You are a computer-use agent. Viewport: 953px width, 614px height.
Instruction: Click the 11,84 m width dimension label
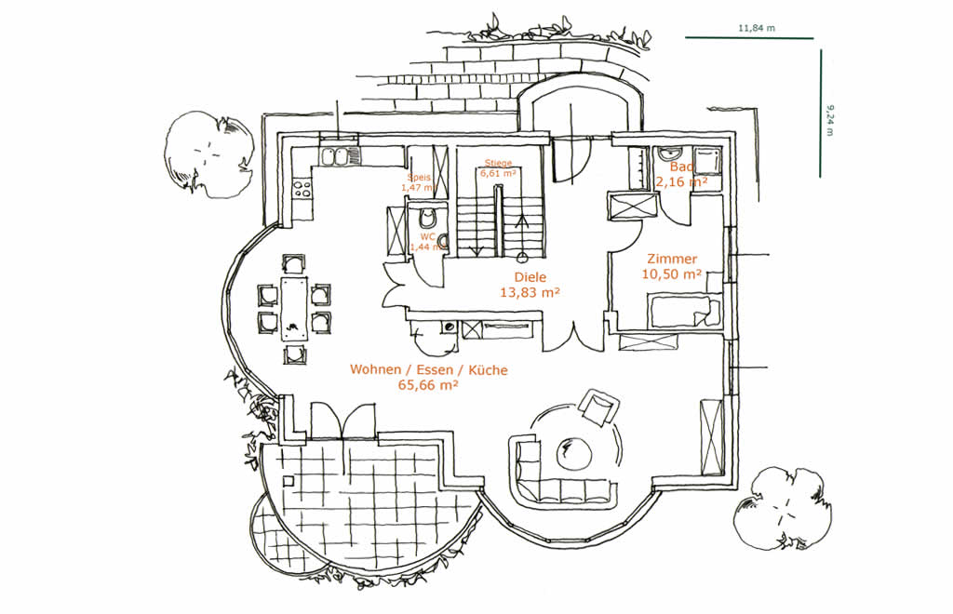pyautogui.click(x=757, y=29)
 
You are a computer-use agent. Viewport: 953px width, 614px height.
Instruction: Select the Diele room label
pyautogui.click(x=530, y=277)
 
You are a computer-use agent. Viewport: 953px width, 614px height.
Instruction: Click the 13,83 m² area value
pyautogui.click(x=530, y=292)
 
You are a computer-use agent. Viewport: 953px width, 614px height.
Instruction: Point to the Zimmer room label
pyautogui.click(x=669, y=260)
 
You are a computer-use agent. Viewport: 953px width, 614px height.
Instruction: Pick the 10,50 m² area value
pyautogui.click(x=671, y=274)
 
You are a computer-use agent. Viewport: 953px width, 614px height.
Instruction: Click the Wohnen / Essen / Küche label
pyautogui.click(x=429, y=370)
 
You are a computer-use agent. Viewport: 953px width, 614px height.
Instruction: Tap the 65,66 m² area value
pyautogui.click(x=429, y=385)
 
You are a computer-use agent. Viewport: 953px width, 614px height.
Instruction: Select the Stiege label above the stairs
pyautogui.click(x=496, y=163)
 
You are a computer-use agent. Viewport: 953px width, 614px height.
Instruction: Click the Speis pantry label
pyautogui.click(x=417, y=177)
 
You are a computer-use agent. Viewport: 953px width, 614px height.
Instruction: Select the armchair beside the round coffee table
pyautogui.click(x=597, y=406)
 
